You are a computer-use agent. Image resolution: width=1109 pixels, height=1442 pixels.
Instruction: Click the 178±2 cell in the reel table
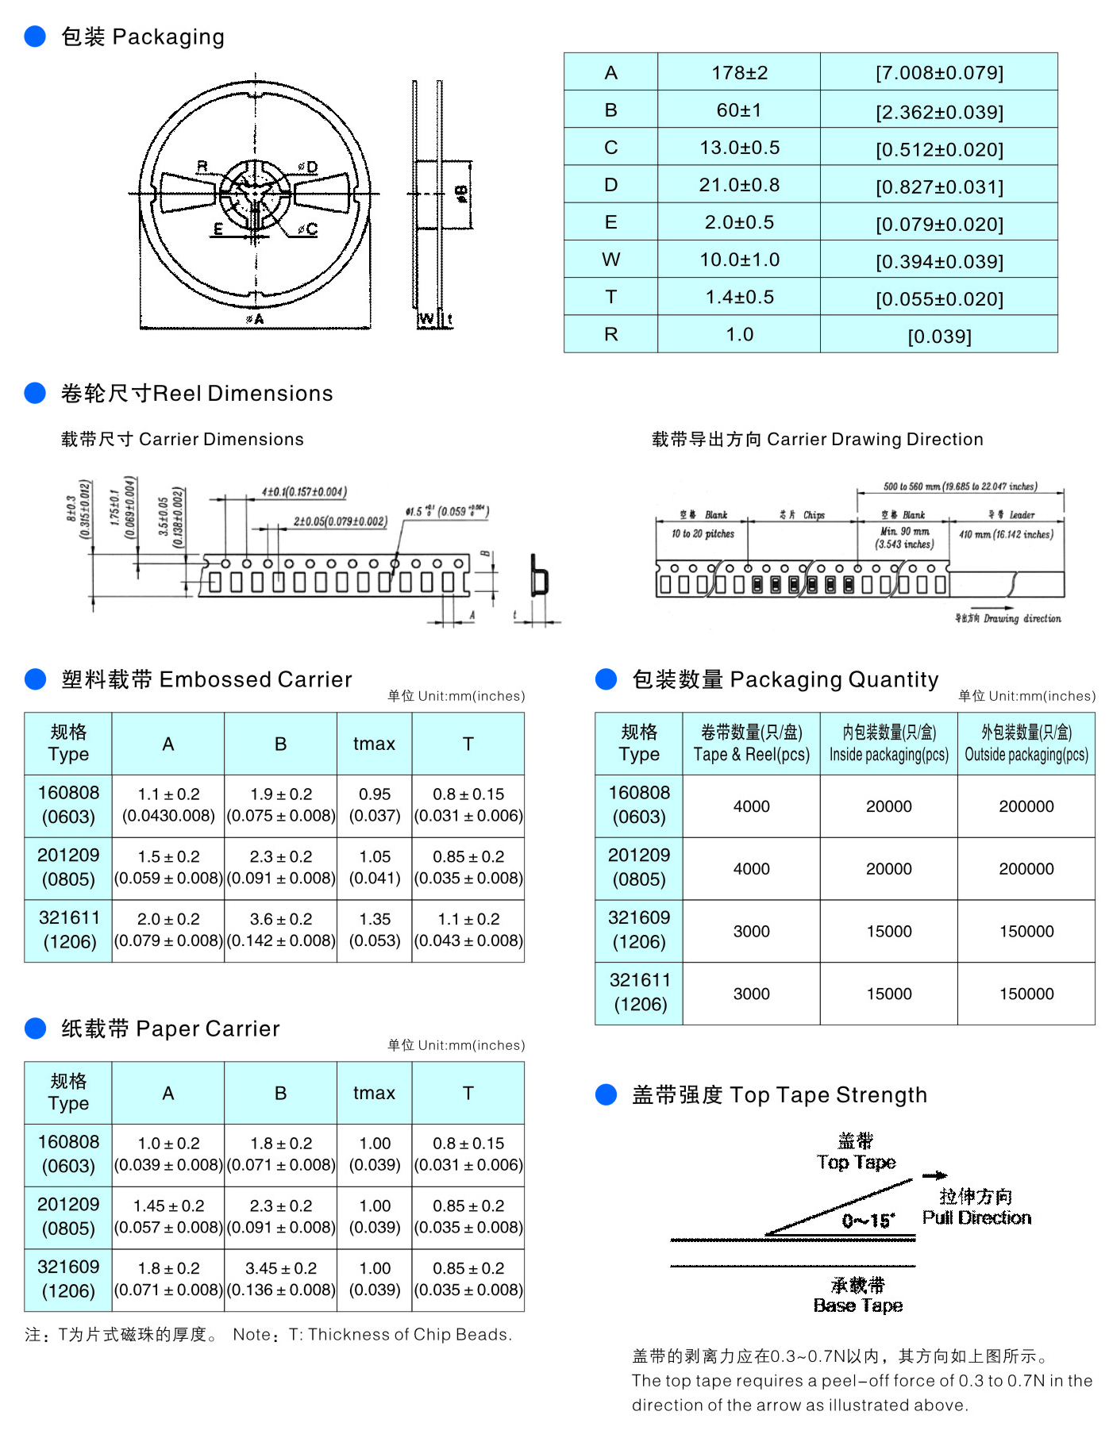[739, 73]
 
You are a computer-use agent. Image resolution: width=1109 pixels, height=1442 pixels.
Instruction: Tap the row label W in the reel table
[610, 260]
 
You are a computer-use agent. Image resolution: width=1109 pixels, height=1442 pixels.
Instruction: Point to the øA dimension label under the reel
[255, 319]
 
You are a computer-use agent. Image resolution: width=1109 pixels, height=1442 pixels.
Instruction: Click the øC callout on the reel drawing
[307, 229]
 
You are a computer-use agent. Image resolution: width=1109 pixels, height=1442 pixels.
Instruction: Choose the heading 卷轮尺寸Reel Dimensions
[197, 394]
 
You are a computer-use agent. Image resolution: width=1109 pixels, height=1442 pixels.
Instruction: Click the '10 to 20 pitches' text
[703, 534]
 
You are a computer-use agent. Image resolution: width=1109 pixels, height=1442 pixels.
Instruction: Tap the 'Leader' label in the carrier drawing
[1022, 515]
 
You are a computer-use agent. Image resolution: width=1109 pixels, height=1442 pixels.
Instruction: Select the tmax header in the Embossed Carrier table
[374, 744]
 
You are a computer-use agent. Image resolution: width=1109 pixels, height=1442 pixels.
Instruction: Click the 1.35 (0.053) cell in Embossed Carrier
[375, 930]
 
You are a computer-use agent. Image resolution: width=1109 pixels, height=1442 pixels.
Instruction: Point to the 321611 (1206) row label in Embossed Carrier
[69, 930]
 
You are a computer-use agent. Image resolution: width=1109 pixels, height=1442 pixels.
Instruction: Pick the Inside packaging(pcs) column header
[888, 744]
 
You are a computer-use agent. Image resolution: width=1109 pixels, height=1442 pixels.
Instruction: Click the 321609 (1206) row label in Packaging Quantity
[639, 930]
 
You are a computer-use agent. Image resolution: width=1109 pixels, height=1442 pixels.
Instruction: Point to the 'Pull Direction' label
[976, 1218]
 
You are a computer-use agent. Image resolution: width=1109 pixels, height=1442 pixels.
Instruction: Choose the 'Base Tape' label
[857, 1305]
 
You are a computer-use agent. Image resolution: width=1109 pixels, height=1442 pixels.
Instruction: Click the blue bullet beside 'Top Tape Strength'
[606, 1095]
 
